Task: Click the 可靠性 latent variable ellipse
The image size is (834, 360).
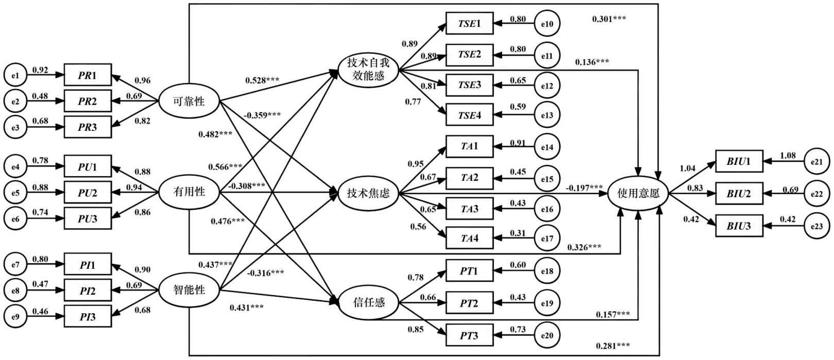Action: tap(189, 101)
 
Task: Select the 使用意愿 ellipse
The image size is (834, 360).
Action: tap(639, 194)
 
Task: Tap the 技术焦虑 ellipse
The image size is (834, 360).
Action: tap(368, 194)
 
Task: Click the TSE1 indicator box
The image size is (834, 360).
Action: tap(469, 24)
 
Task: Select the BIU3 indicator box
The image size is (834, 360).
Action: tap(739, 226)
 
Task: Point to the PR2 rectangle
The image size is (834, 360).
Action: tap(88, 101)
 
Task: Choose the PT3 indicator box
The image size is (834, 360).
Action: tap(469, 336)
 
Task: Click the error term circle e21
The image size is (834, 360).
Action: tap(816, 162)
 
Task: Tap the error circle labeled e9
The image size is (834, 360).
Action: tap(15, 317)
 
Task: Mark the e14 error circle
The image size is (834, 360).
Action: tap(547, 147)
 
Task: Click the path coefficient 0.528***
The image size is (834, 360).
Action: tap(262, 80)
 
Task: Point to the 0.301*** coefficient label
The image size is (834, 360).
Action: tap(609, 19)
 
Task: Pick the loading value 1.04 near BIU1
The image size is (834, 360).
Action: tap(688, 168)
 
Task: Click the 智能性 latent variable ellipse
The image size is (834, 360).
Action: tap(189, 290)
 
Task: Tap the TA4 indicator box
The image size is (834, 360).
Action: tap(469, 238)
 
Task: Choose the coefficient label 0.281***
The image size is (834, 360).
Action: tap(612, 346)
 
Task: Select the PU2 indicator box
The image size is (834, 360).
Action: tap(88, 193)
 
